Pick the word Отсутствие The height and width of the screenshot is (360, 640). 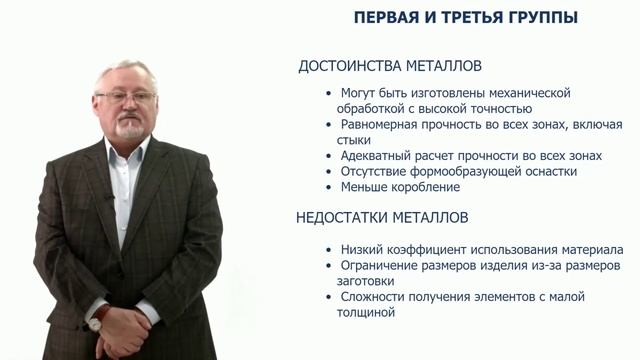click(376, 171)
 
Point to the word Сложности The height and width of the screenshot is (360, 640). click(375, 297)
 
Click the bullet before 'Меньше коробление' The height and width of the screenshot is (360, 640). click(330, 187)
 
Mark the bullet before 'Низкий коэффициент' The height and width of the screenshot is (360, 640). click(330, 249)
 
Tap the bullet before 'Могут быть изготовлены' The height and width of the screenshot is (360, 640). click(330, 93)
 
